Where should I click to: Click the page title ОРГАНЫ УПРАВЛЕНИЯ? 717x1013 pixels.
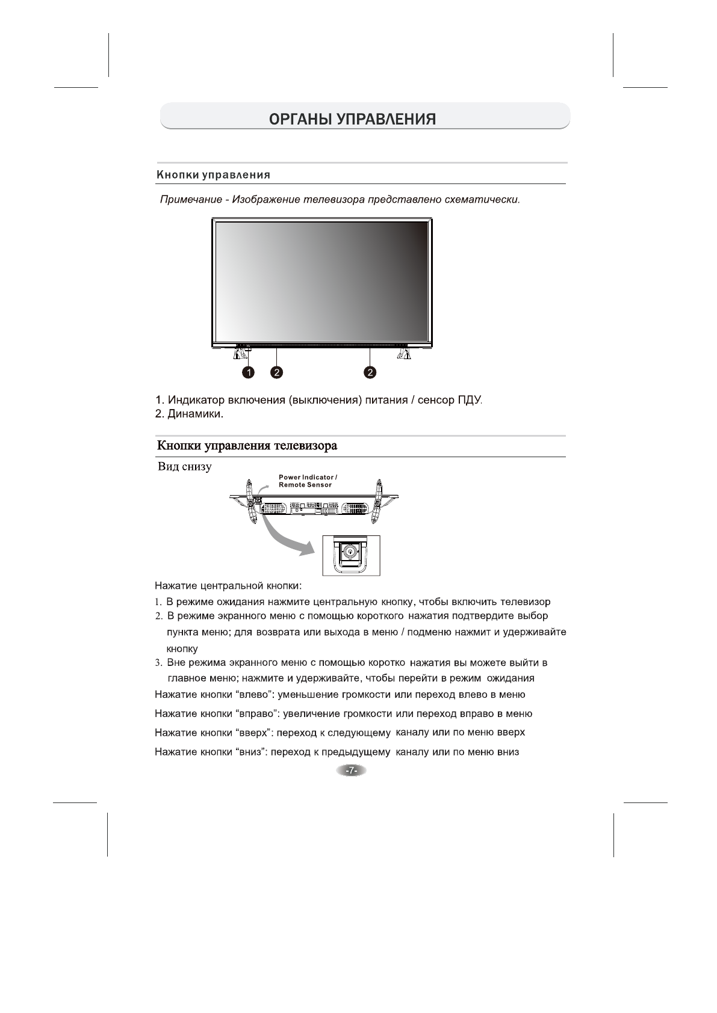352,119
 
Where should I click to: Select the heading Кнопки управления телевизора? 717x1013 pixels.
247,446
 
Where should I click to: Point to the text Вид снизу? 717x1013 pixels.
184,467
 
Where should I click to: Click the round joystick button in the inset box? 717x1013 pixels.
349,550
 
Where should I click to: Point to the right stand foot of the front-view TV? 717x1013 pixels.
403,355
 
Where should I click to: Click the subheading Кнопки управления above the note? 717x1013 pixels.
213,175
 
